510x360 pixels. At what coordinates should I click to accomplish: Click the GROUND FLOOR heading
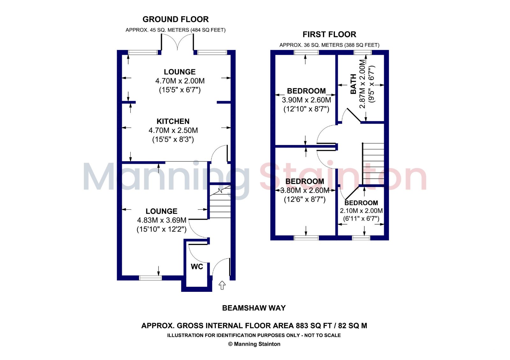(x=176, y=19)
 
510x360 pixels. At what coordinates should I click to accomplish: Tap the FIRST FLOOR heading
(x=329, y=34)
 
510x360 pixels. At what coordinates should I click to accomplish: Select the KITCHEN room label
(x=173, y=121)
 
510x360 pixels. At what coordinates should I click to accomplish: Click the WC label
(x=197, y=266)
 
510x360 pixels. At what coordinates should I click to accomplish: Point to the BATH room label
(x=353, y=84)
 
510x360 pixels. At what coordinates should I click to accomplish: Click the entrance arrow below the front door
(x=222, y=285)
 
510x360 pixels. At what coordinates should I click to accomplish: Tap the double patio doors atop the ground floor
(x=178, y=42)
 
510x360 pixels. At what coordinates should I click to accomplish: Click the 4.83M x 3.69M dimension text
(x=162, y=220)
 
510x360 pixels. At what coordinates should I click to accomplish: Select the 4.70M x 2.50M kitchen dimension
(x=173, y=130)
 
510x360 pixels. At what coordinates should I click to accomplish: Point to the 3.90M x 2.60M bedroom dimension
(x=306, y=100)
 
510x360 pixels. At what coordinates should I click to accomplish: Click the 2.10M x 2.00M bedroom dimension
(x=361, y=211)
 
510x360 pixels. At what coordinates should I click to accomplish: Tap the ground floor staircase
(x=220, y=201)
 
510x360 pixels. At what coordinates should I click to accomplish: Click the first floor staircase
(x=373, y=163)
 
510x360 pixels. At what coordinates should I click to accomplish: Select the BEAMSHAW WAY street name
(x=254, y=308)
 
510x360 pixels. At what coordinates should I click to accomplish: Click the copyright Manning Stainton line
(x=254, y=344)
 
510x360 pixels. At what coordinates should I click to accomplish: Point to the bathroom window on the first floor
(x=363, y=52)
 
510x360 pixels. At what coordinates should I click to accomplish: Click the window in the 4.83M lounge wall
(x=150, y=278)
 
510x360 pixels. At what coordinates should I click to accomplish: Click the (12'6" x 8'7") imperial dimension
(x=305, y=199)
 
